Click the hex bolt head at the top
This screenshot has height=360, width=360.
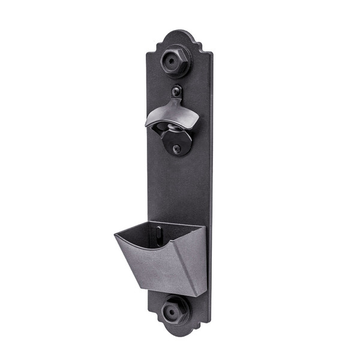[x=176, y=61]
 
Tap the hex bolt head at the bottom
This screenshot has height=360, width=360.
[x=175, y=311]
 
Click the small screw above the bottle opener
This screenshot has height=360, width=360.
[x=176, y=92]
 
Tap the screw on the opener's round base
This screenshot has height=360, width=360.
[x=176, y=148]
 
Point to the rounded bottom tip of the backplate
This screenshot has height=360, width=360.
[x=178, y=339]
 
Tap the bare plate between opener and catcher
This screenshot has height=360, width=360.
[x=177, y=186]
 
